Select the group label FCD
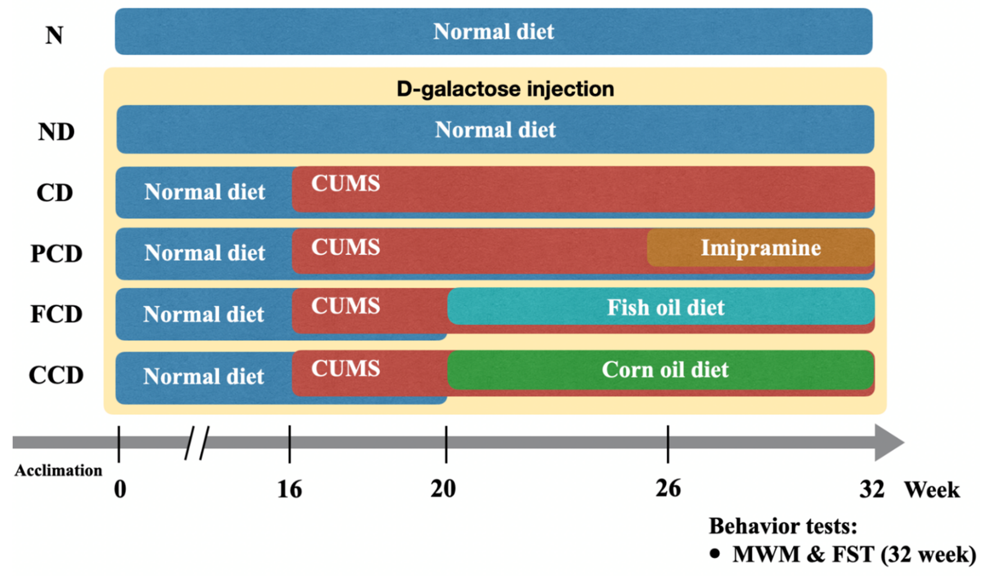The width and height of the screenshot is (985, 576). tap(56, 314)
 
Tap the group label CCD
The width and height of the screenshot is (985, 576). tap(56, 375)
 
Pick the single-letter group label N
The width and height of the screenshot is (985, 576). tap(54, 35)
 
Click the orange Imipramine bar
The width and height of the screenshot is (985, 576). tap(760, 248)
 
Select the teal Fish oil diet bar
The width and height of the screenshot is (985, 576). tap(664, 307)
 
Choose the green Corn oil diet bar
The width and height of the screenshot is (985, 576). tap(664, 370)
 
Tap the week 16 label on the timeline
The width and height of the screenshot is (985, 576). tap(290, 489)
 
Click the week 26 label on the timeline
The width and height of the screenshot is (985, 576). tap(668, 488)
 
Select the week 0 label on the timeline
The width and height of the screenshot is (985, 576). tap(120, 489)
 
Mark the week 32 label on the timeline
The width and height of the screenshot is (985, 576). tap(872, 489)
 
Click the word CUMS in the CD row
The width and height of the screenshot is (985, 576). tap(345, 183)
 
